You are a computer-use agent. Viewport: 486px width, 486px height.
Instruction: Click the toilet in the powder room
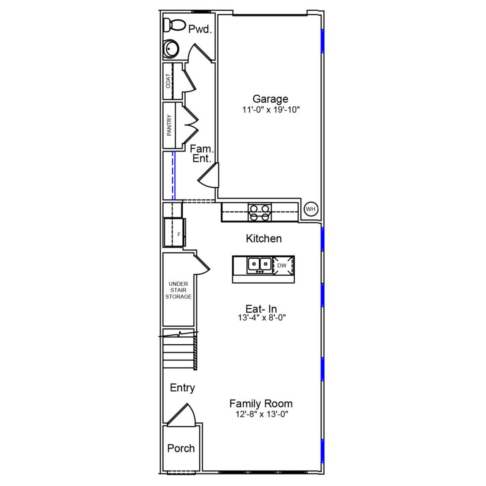173,25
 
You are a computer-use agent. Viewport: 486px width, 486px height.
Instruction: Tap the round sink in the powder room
170,49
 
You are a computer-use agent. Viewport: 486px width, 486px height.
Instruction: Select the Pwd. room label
200,29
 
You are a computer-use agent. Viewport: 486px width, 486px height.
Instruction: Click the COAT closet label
168,81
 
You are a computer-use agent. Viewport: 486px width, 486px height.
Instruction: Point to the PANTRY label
169,125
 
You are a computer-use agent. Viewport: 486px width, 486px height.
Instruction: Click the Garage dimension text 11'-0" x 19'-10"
271,110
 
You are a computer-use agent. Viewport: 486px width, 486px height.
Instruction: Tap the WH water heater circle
311,209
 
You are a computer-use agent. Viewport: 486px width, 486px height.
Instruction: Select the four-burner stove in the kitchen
260,212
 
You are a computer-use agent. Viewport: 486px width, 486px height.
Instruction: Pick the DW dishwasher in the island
282,265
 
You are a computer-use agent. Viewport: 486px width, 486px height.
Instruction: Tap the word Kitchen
264,238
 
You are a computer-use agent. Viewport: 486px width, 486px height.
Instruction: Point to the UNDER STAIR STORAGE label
178,290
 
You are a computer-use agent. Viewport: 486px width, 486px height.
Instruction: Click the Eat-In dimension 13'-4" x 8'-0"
262,318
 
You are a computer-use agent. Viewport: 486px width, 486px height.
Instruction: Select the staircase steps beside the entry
178,351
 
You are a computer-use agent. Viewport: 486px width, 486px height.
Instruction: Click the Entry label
182,388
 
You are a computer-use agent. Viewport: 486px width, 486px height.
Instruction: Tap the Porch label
181,448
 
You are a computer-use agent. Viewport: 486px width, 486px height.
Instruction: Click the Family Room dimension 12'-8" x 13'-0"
262,414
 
